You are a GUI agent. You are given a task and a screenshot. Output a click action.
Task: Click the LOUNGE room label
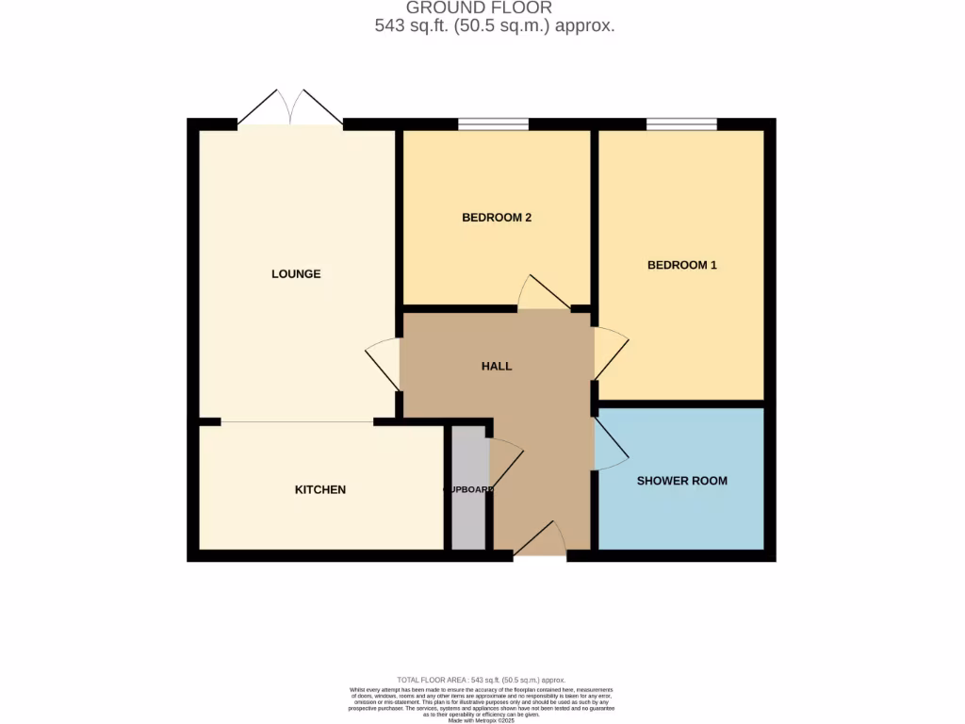pos(296,274)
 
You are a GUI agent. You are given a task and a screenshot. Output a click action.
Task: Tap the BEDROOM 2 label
pos(497,218)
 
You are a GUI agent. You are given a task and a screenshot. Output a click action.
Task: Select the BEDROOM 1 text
pos(681,265)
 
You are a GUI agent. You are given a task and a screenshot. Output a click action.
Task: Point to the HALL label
pos(497,366)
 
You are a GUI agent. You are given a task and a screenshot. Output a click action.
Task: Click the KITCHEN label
pos(320,489)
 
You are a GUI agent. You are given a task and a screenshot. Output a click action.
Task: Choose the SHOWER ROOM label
pos(681,481)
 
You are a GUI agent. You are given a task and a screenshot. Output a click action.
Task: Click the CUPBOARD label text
pos(468,489)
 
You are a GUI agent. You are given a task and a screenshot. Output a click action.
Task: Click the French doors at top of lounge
pos(290,108)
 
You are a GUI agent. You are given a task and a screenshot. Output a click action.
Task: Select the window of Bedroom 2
pos(493,123)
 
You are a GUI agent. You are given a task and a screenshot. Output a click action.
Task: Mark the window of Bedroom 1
pos(681,123)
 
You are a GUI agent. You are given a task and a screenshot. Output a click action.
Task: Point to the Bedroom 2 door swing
pos(544,294)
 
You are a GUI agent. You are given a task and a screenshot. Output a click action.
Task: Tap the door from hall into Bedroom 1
pos(608,354)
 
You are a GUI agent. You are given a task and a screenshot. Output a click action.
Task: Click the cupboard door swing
pos(504,462)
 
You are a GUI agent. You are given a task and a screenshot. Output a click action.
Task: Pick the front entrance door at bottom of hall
pos(539,542)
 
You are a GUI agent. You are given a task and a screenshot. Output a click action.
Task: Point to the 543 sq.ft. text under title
pos(495,26)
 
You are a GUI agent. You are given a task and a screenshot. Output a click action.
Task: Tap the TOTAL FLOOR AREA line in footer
pos(482,680)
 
